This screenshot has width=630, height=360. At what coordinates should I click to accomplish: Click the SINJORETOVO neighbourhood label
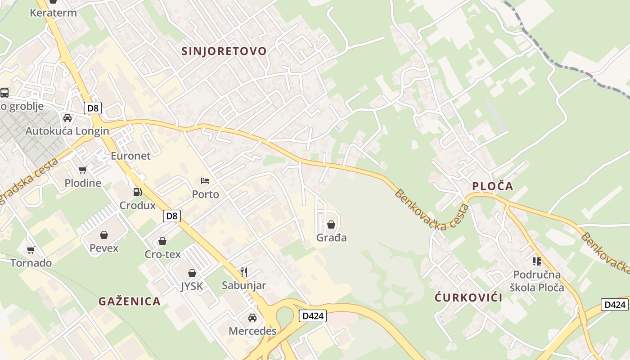point(224,51)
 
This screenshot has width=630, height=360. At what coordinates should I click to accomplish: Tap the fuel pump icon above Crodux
point(137,192)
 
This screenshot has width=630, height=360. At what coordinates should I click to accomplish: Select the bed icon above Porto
point(205,181)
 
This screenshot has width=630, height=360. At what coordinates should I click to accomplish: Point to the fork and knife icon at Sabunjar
point(244,272)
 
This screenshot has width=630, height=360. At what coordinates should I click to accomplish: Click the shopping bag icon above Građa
point(331,224)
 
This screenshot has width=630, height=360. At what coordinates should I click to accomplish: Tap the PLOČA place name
point(492,186)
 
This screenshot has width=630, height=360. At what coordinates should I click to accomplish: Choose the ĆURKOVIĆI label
point(468,297)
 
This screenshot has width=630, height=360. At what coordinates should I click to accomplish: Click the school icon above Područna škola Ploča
point(536,261)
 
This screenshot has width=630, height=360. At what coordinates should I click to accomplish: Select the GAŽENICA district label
point(130,301)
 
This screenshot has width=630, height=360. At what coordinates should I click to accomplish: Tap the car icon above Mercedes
point(252,318)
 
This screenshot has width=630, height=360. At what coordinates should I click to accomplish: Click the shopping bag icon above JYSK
point(192,273)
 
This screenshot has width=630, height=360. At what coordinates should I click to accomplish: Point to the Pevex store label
point(104,248)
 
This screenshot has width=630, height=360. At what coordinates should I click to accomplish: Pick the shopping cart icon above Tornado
point(31,250)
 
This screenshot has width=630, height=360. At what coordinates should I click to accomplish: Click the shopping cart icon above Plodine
point(82,170)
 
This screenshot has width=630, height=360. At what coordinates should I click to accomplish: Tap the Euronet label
point(130,156)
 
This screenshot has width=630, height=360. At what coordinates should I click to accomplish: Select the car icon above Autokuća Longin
point(67,118)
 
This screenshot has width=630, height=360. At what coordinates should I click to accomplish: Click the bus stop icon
point(4,93)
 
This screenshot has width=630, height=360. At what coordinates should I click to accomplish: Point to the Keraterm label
point(53,13)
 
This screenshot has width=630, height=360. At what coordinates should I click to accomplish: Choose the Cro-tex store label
point(162,254)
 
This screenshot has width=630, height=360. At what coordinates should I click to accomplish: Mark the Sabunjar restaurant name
point(244,285)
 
